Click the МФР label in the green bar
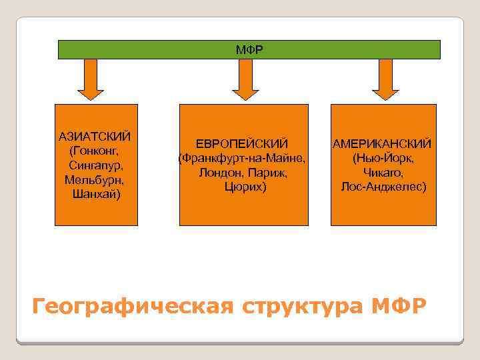click(249, 50)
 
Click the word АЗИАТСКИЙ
click(95, 137)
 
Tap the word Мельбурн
click(95, 180)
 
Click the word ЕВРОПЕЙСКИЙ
click(242, 144)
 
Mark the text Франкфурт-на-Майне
click(244, 159)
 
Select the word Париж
click(268, 173)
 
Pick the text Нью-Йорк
click(384, 159)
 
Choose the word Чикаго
click(383, 173)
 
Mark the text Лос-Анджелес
click(383, 187)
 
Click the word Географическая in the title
click(133, 307)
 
